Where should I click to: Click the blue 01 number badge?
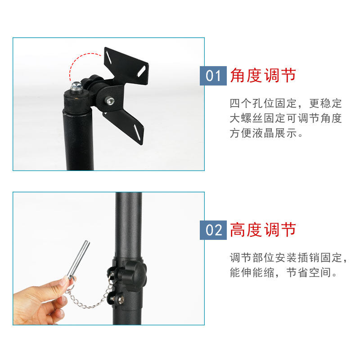point(213,76)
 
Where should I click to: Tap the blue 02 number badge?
point(213,230)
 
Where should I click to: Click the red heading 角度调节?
point(263,75)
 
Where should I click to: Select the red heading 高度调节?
point(263,229)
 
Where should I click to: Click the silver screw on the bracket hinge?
point(110,100)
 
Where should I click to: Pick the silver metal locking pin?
point(78,260)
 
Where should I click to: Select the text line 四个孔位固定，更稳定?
point(286,103)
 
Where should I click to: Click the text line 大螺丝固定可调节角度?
point(286,118)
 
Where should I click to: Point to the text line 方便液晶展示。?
point(266,133)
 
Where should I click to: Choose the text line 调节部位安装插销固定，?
point(288,257)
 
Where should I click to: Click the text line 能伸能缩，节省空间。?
point(283,273)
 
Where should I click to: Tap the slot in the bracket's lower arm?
point(137,132)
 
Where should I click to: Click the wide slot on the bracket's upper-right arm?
point(141,71)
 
